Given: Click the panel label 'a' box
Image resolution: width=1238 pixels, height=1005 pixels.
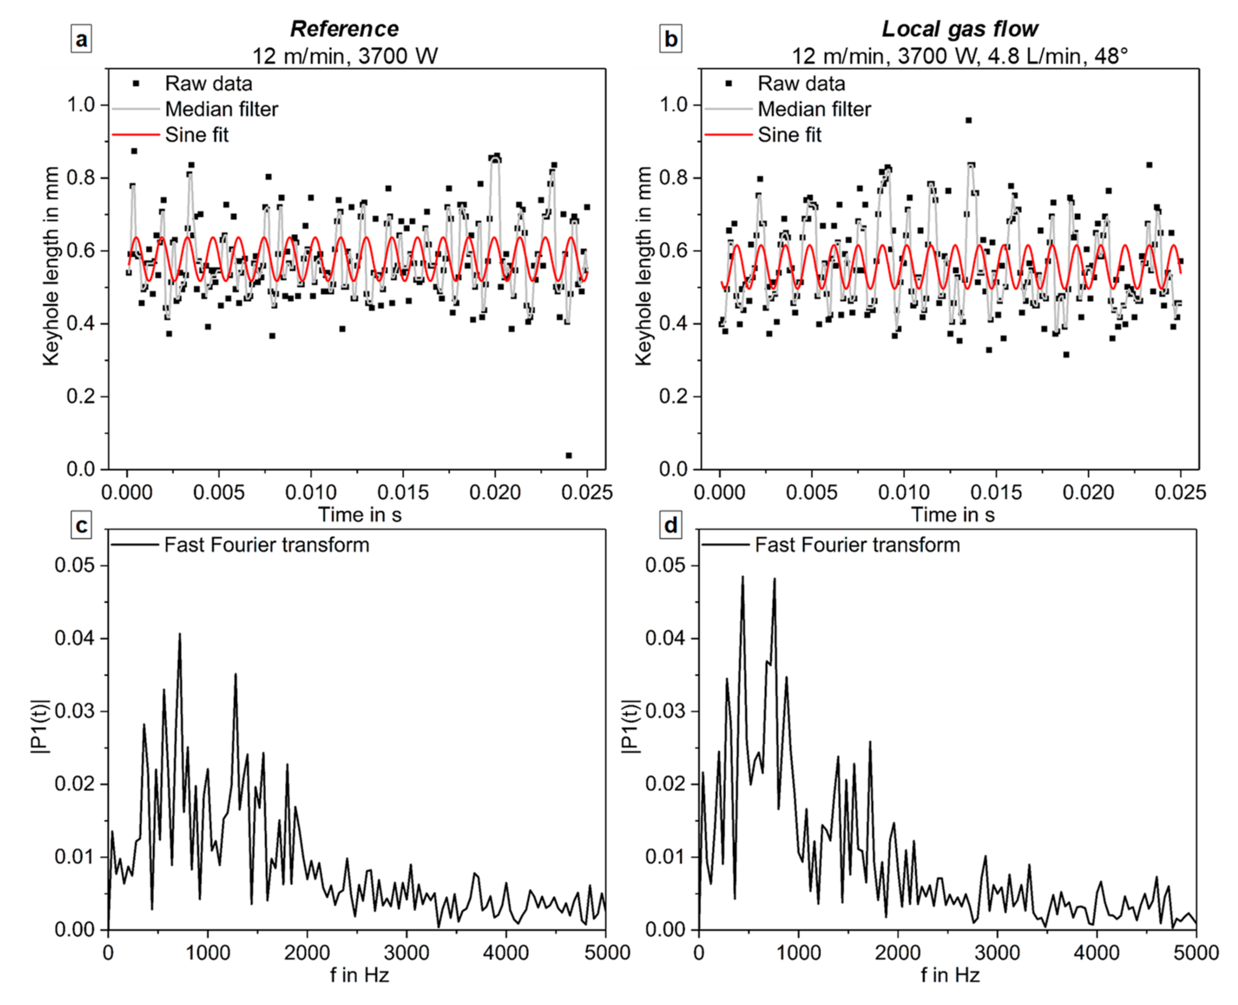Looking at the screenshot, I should [x=81, y=39].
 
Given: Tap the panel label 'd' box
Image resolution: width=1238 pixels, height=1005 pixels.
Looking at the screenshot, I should [x=671, y=525].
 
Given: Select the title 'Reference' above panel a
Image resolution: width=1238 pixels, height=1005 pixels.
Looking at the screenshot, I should [x=344, y=29].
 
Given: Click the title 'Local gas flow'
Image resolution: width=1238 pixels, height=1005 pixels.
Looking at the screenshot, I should [x=960, y=29].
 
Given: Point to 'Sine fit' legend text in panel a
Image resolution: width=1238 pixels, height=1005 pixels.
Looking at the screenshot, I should [x=197, y=135].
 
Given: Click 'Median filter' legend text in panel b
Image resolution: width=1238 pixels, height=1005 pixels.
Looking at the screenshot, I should [x=814, y=109].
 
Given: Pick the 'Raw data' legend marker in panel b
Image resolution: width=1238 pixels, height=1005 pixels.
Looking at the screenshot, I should [x=729, y=83].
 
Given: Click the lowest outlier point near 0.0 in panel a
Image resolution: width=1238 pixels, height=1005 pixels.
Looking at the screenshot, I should [x=569, y=456].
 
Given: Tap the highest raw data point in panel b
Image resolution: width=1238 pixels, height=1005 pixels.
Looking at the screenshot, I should [x=968, y=120].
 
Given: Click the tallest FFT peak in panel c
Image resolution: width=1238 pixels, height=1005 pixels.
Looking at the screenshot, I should [x=180, y=634].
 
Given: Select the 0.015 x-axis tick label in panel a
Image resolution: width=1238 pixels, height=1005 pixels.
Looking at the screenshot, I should [x=403, y=492].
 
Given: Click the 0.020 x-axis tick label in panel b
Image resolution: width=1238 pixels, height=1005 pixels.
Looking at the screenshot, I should [x=1088, y=492].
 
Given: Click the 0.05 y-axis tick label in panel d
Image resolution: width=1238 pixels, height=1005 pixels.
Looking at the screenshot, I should [x=665, y=565].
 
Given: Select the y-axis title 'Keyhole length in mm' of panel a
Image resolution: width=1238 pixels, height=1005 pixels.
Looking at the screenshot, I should [x=51, y=266].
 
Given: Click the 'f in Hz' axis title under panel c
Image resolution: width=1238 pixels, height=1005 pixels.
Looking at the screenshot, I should [x=360, y=976].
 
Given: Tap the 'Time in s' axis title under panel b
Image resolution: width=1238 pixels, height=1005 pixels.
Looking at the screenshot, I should [x=952, y=515].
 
